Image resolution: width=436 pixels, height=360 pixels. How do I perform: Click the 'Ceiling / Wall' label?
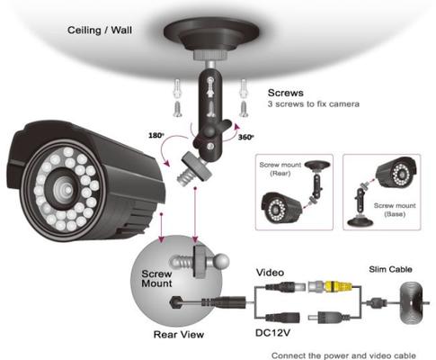(x=100, y=31)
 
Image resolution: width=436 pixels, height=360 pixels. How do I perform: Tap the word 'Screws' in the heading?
(x=286, y=93)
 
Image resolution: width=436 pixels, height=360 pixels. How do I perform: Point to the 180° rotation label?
(x=156, y=135)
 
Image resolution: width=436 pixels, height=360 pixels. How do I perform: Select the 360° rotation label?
(x=245, y=137)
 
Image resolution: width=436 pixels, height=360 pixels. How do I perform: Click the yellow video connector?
(x=338, y=285)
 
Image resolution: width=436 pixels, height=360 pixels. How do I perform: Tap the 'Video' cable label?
(x=270, y=273)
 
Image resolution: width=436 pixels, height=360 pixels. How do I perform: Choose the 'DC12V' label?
(x=272, y=333)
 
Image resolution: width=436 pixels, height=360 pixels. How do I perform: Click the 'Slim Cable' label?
(x=390, y=269)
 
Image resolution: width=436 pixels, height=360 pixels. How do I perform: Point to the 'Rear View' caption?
(x=179, y=334)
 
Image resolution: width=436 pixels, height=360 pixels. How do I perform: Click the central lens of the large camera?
(x=64, y=188)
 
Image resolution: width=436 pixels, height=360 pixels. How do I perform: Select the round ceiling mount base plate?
(x=211, y=33)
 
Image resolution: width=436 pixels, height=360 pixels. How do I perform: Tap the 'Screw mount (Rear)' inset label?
(x=280, y=169)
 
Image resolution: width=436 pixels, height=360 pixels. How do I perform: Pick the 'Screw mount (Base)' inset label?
(x=395, y=210)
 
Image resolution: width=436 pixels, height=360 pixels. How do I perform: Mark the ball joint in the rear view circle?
(x=221, y=261)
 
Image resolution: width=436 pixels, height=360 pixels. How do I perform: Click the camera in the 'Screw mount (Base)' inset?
(x=396, y=173)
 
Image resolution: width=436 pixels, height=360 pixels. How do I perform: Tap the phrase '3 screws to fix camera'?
(x=314, y=104)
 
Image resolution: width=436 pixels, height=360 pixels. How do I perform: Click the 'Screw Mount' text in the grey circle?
(x=156, y=278)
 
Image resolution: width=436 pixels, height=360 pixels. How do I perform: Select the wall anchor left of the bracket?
(x=178, y=88)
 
